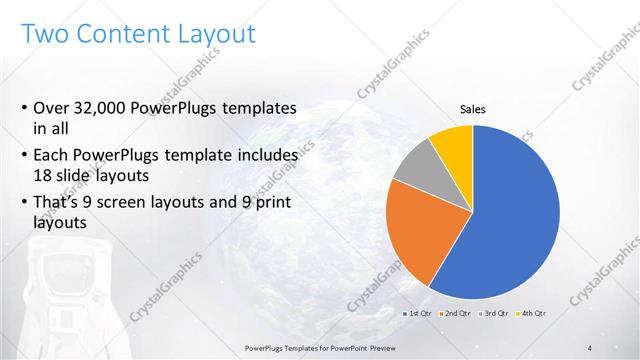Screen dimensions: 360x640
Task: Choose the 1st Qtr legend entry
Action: pyautogui.click(x=417, y=314)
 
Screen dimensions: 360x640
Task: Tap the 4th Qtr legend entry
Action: pyautogui.click(x=534, y=314)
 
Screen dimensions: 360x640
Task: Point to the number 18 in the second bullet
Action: pyautogui.click(x=45, y=175)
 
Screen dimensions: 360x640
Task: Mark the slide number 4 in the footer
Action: pyautogui.click(x=590, y=347)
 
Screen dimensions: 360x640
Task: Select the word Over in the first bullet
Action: pyautogui.click(x=52, y=108)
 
